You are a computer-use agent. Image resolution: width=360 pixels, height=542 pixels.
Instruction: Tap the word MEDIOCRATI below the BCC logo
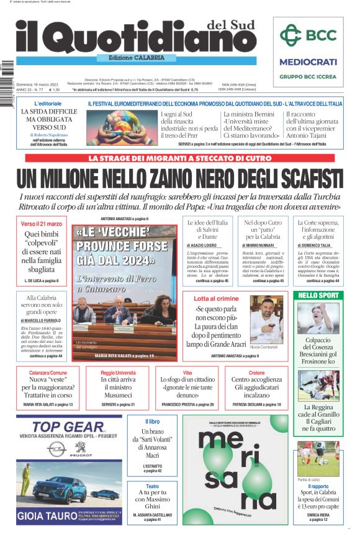pos(308,62)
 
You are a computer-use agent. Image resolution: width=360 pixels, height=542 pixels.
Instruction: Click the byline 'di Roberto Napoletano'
pos(48,135)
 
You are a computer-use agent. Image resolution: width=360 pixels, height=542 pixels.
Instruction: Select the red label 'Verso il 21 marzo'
pos(42,223)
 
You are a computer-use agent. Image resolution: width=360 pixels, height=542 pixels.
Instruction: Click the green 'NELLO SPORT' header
pos(318,295)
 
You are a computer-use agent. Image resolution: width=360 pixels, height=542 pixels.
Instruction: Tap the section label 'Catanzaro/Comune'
pos(48,373)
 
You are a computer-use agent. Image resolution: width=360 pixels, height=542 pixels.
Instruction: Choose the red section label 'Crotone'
pos(256,373)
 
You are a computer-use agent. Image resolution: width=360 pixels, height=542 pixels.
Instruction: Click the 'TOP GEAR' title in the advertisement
pos(68,427)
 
